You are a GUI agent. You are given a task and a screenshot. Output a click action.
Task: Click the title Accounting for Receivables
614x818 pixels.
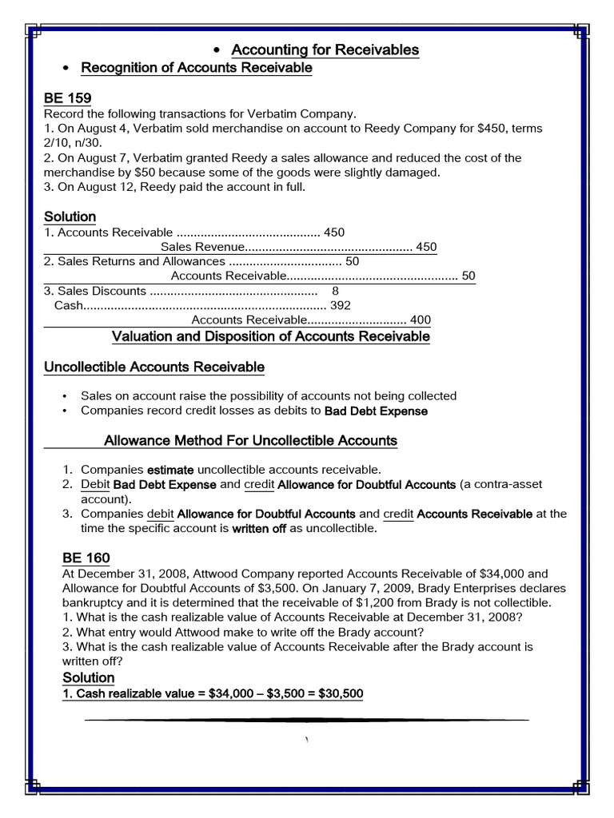coord(325,50)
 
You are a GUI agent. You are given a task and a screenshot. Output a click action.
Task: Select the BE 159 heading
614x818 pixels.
coord(67,98)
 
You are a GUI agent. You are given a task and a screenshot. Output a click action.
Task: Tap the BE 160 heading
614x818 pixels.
coord(86,558)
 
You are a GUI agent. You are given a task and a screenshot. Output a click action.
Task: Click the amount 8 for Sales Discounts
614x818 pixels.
coord(335,291)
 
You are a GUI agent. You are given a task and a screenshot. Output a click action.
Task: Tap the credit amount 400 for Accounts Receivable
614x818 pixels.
coord(420,320)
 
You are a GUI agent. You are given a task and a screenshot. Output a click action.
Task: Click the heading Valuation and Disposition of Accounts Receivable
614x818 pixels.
coord(271,336)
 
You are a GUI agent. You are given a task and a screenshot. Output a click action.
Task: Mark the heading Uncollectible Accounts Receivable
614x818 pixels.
coord(154,367)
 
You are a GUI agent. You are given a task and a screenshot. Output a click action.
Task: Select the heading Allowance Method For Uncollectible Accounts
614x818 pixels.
coord(251,440)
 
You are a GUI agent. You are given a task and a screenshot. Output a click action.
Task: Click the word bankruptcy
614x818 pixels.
coord(92,602)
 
